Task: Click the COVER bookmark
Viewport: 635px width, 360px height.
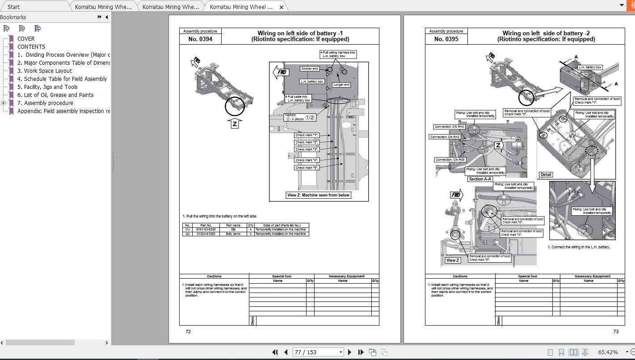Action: (x=25, y=39)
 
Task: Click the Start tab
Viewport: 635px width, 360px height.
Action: (x=14, y=7)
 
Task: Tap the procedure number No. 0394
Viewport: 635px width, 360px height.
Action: (x=200, y=39)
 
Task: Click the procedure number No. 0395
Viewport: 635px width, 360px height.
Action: (x=446, y=39)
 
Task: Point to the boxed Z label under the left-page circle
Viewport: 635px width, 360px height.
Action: (x=235, y=124)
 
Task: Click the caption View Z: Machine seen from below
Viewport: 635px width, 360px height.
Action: (x=318, y=195)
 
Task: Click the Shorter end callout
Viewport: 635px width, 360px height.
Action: (x=309, y=69)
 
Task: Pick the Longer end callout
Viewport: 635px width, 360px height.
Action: (x=341, y=84)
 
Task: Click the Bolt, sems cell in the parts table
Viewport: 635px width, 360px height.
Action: (x=233, y=234)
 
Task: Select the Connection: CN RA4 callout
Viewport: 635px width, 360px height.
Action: (x=450, y=127)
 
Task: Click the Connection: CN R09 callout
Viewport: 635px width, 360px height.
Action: (x=450, y=159)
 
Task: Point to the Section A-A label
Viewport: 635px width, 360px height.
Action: (x=480, y=179)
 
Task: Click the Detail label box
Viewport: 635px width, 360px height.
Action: (x=546, y=175)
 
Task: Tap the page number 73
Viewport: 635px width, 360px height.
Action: (x=616, y=332)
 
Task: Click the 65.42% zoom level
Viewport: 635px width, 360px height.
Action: (x=608, y=352)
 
